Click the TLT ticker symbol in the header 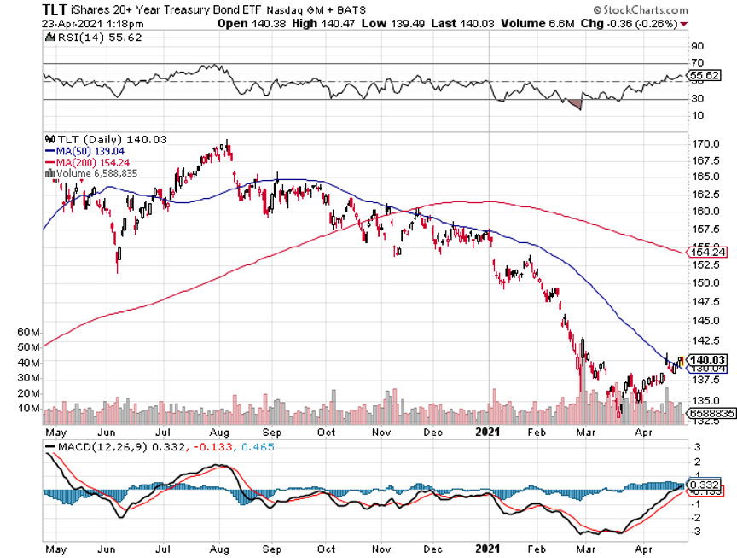tap(57, 9)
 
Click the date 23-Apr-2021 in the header tap(69, 24)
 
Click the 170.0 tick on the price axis tap(703, 143)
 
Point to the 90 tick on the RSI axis tap(697, 46)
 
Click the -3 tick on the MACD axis tap(697, 531)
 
